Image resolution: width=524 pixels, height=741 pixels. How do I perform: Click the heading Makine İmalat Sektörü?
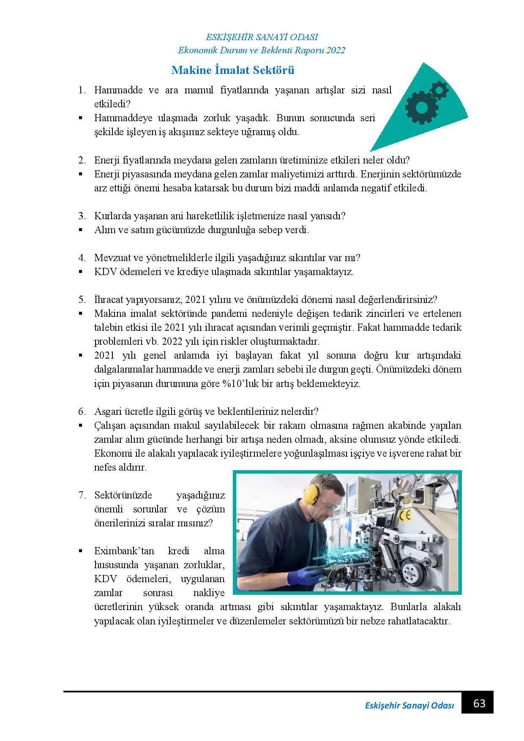(x=232, y=70)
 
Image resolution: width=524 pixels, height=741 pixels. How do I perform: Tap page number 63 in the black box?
(x=479, y=703)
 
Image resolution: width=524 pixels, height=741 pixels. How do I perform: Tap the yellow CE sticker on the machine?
(x=405, y=515)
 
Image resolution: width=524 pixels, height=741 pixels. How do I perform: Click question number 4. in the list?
(x=82, y=258)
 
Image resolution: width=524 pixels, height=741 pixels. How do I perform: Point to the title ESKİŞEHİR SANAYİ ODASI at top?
(x=262, y=37)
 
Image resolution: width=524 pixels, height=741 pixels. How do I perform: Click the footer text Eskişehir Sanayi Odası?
(x=409, y=706)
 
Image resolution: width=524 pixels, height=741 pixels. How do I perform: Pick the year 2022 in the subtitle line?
(x=336, y=50)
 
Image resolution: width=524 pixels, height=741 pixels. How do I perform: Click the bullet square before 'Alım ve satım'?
(x=80, y=230)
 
